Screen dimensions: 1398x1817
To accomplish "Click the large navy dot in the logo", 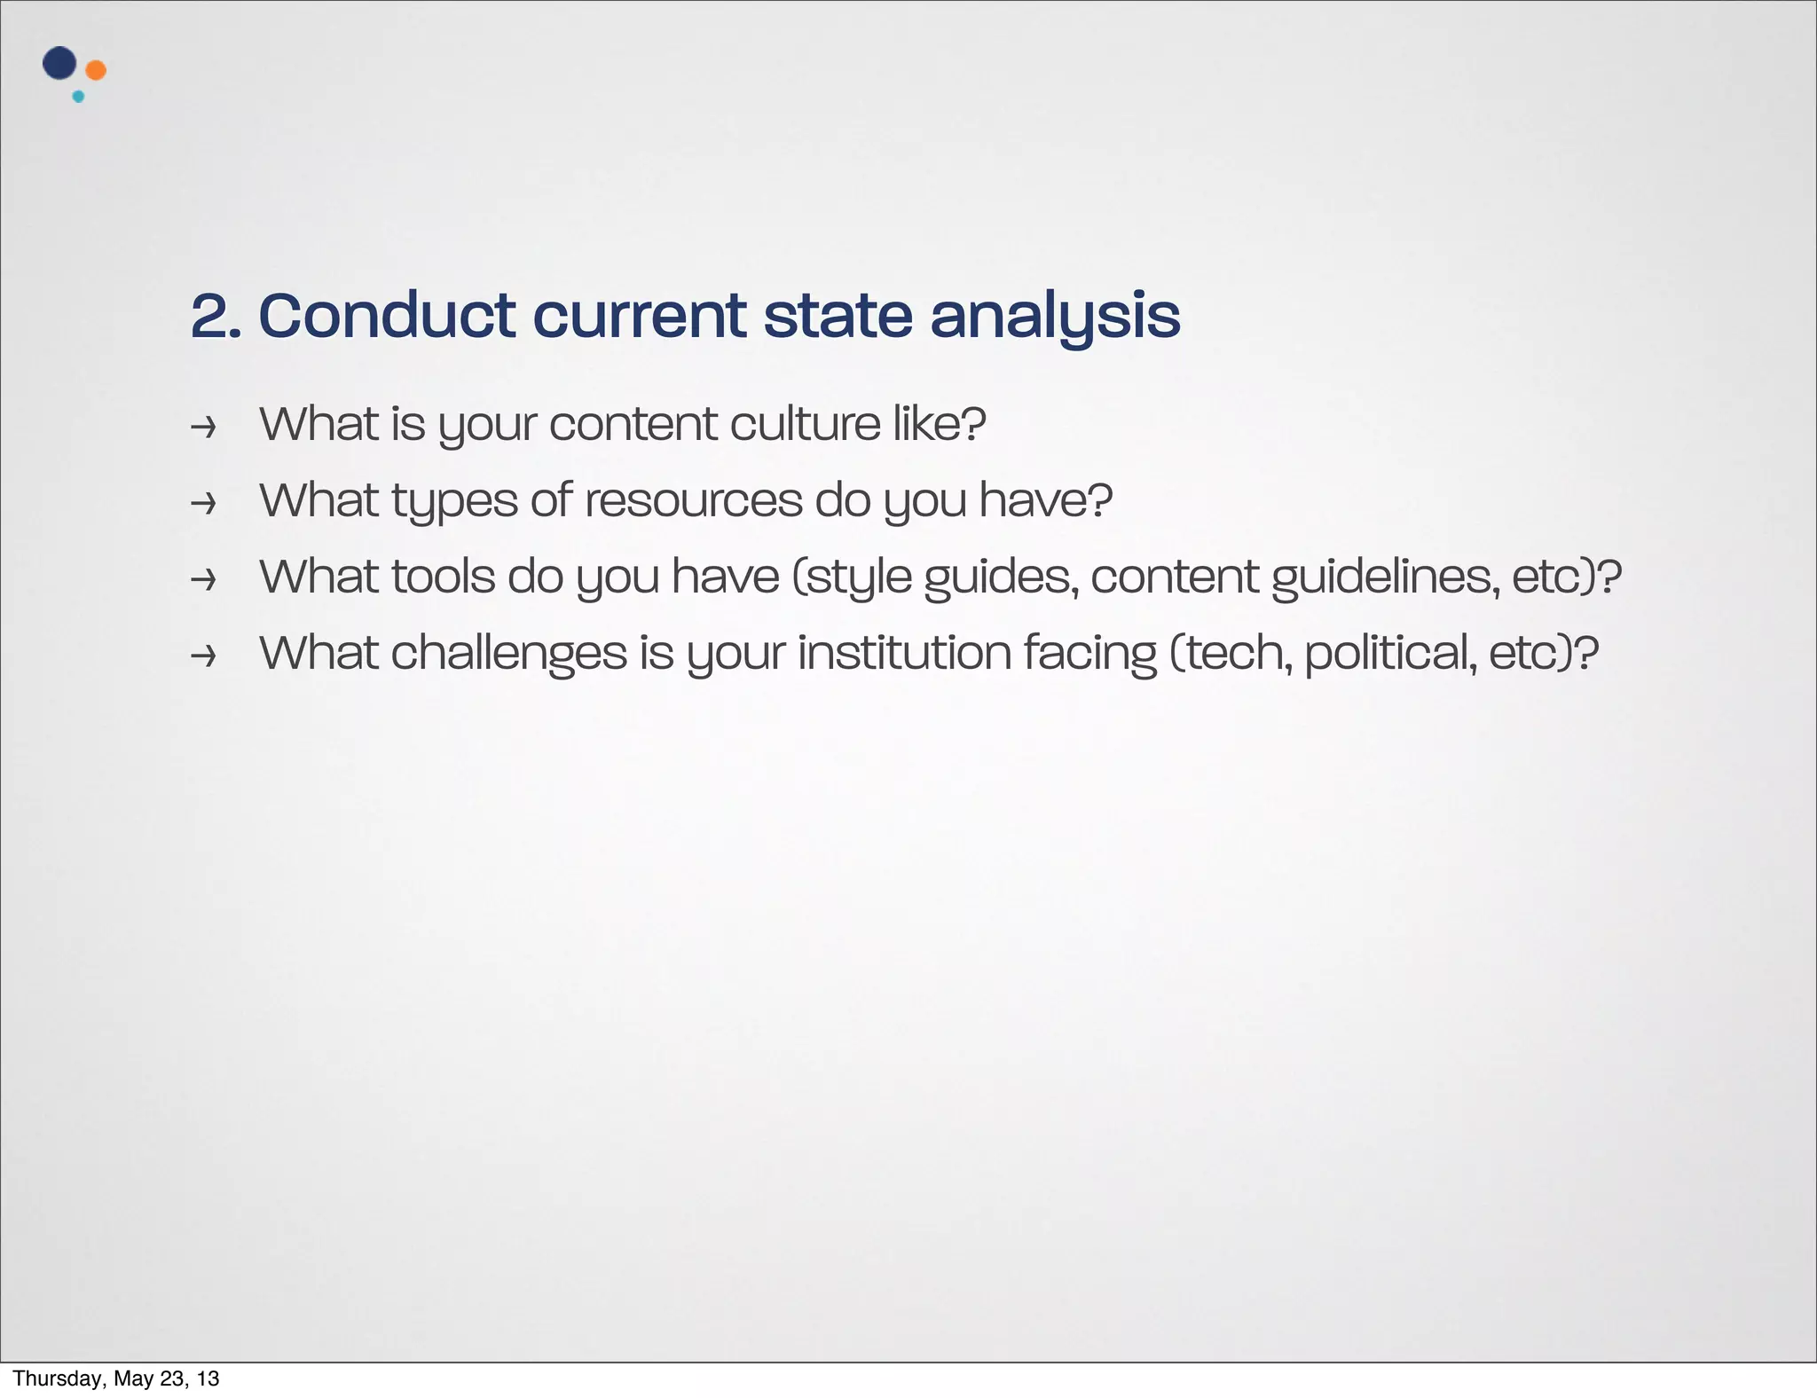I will click(x=59, y=63).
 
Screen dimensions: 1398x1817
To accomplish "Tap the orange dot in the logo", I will click(x=96, y=70).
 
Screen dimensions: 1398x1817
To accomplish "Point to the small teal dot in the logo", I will click(x=78, y=97).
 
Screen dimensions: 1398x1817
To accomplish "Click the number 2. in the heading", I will click(x=216, y=316).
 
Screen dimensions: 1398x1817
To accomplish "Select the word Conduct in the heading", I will click(x=387, y=316).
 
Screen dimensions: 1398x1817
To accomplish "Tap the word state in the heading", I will click(x=838, y=316).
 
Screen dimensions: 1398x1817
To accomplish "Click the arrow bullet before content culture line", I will click(x=204, y=428).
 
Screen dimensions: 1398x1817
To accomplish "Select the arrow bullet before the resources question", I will click(x=204, y=504).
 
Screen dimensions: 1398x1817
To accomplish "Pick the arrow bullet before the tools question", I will click(x=204, y=580).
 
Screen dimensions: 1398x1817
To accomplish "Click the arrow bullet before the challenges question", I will click(x=204, y=656).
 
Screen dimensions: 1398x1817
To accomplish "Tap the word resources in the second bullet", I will click(x=693, y=500).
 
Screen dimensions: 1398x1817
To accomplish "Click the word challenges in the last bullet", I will click(x=509, y=654).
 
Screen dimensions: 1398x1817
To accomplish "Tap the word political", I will click(x=1390, y=654).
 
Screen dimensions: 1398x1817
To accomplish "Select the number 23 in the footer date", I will click(x=170, y=1378).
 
